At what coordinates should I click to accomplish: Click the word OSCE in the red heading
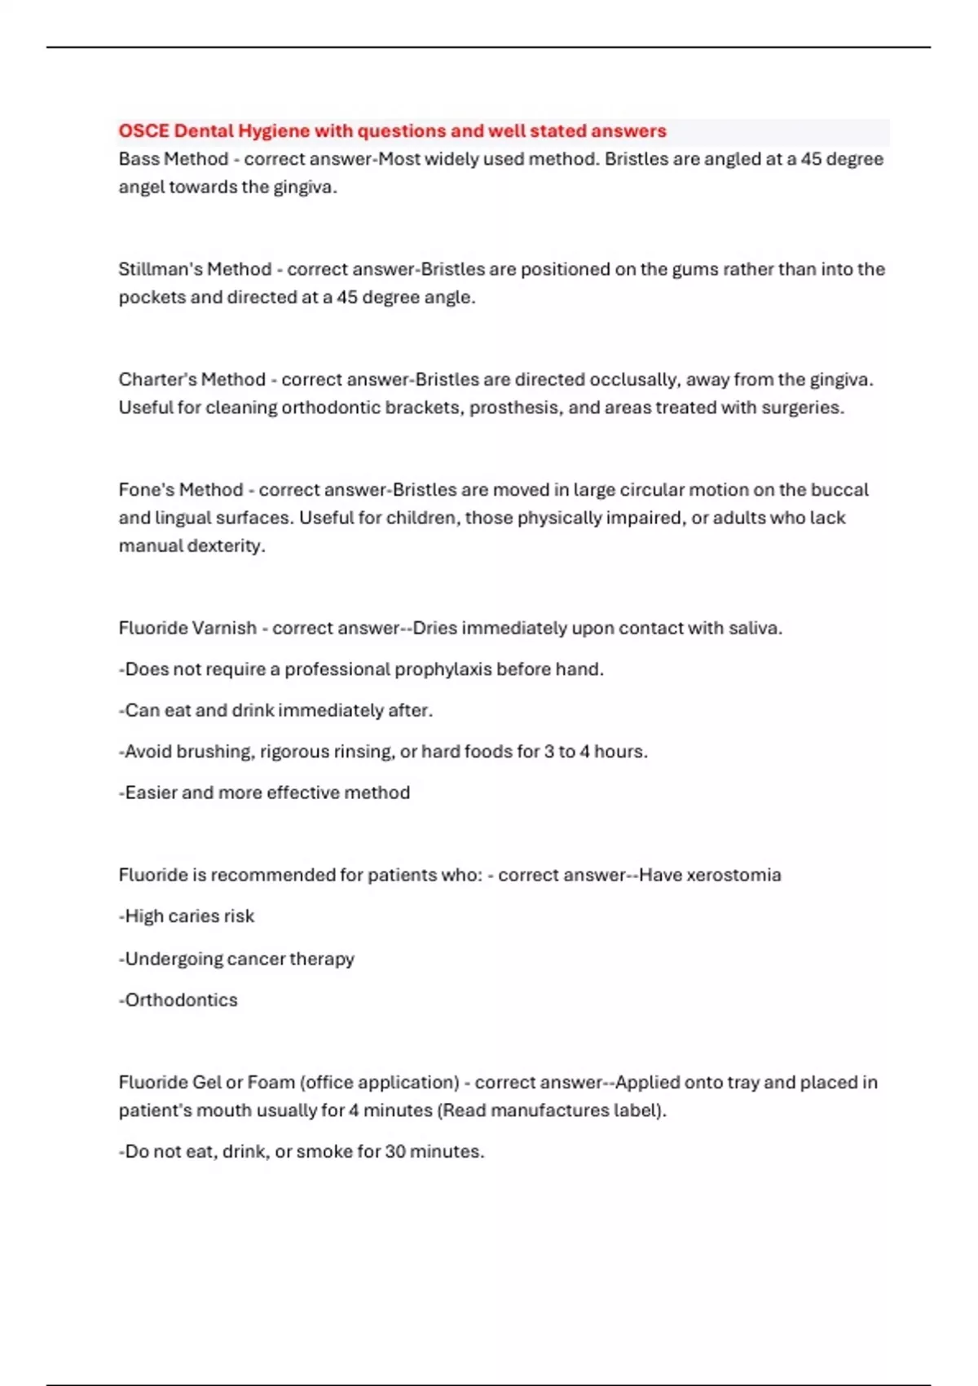tap(143, 130)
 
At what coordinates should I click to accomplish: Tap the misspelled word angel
tap(141, 188)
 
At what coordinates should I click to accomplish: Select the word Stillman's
tap(160, 269)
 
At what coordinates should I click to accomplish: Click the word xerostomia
tap(733, 875)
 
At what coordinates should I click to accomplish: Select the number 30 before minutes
tap(395, 1151)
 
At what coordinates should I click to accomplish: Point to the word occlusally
tap(634, 379)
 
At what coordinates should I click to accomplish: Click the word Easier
tap(151, 792)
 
